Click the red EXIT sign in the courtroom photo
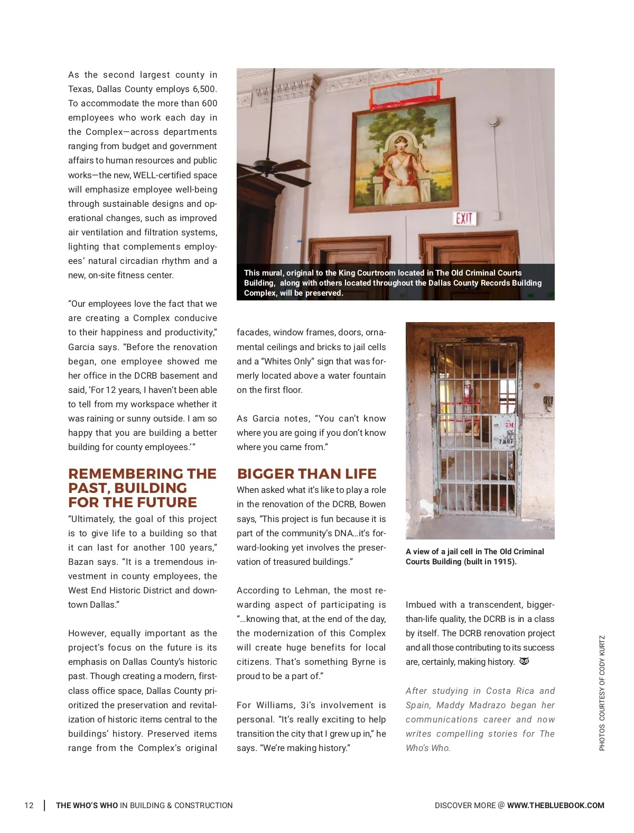pyautogui.click(x=464, y=218)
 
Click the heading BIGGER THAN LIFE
pyautogui.click(x=306, y=474)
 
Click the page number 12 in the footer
pyautogui.click(x=29, y=805)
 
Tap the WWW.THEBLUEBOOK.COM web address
pyautogui.click(x=555, y=805)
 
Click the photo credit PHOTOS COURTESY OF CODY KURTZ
pyautogui.click(x=602, y=693)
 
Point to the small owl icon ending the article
pyautogui.click(x=524, y=661)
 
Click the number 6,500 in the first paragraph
pyautogui.click(x=204, y=89)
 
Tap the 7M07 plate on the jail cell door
pyautogui.click(x=505, y=441)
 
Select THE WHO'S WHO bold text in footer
pyautogui.click(x=87, y=805)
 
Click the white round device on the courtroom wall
pyautogui.click(x=493, y=122)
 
